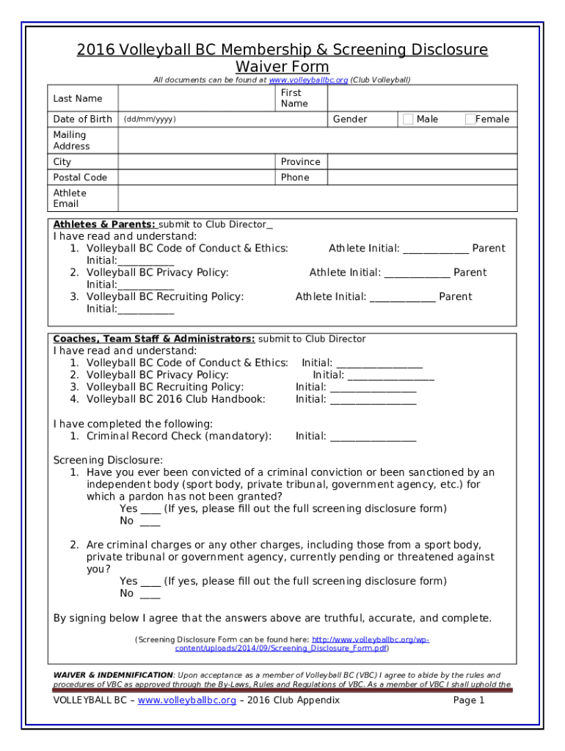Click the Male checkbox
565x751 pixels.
pyautogui.click(x=408, y=119)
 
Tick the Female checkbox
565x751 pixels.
pyautogui.click(x=470, y=119)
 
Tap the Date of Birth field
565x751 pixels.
pyautogui.click(x=220, y=119)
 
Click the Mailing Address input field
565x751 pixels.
pyautogui.click(x=316, y=140)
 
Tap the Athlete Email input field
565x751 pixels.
pyautogui.click(x=316, y=198)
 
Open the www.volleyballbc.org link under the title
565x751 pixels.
pyautogui.click(x=308, y=79)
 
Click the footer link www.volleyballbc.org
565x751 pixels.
pyautogui.click(x=186, y=700)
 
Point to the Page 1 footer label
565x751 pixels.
pyautogui.click(x=469, y=700)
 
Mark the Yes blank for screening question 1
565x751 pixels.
pyautogui.click(x=150, y=509)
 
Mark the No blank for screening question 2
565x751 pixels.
pyautogui.click(x=150, y=593)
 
